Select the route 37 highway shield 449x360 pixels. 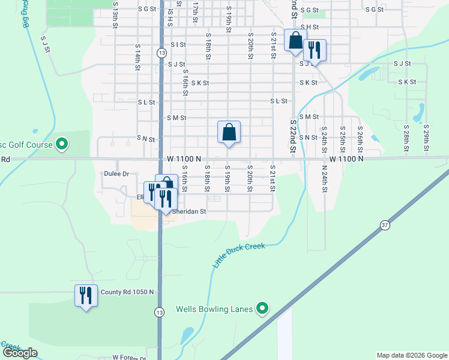[385, 225]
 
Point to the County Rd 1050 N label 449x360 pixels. [127, 292]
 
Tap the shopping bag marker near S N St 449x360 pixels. [229, 132]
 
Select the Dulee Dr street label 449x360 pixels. [116, 174]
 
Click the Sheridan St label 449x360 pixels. [188, 212]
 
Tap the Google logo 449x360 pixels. [20, 353]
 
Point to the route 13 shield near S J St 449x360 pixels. [161, 53]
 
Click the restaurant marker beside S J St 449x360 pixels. [315, 50]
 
